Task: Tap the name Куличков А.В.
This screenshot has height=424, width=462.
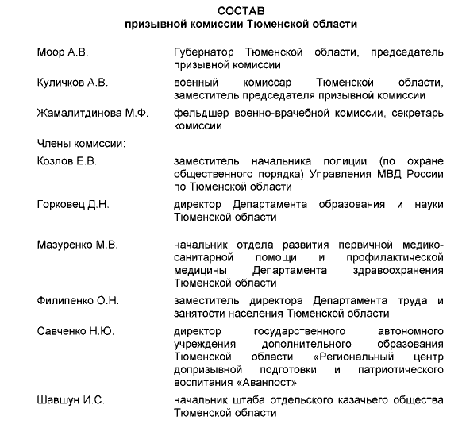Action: point(74,83)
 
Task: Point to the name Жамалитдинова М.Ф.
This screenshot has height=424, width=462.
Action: point(92,113)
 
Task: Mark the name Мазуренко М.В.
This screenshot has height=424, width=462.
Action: point(78,245)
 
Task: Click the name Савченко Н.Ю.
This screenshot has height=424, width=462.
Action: point(75,330)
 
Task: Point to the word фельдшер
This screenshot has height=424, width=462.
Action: point(200,113)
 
